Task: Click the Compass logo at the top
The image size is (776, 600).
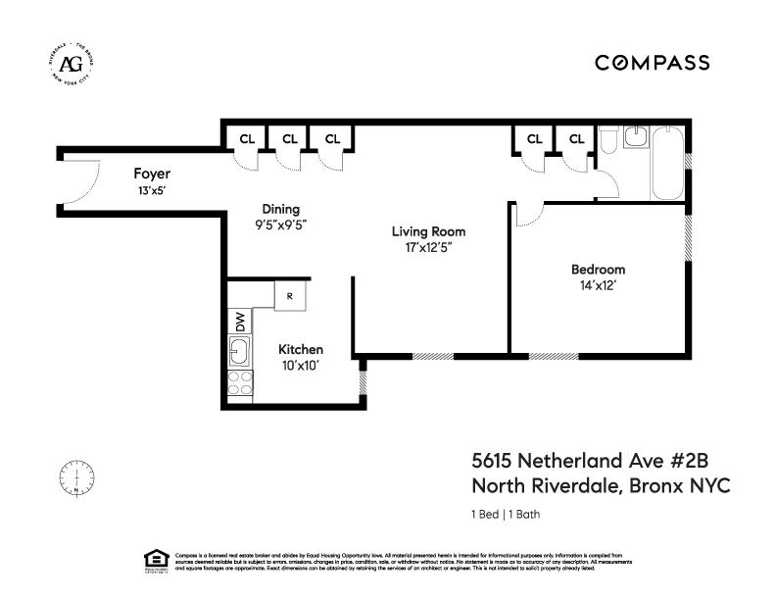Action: [653, 63]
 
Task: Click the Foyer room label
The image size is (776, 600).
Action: [152, 174]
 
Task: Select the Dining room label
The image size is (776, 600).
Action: [280, 209]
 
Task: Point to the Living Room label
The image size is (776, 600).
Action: [428, 232]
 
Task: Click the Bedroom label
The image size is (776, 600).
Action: [598, 270]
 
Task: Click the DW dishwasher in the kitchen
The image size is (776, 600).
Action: [239, 321]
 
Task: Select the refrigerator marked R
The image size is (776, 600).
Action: [290, 295]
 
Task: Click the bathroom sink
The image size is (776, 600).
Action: [635, 138]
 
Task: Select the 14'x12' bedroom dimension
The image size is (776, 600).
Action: [598, 286]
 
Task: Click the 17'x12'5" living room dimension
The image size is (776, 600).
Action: [428, 249]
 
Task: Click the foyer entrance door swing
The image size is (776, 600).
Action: [83, 181]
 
